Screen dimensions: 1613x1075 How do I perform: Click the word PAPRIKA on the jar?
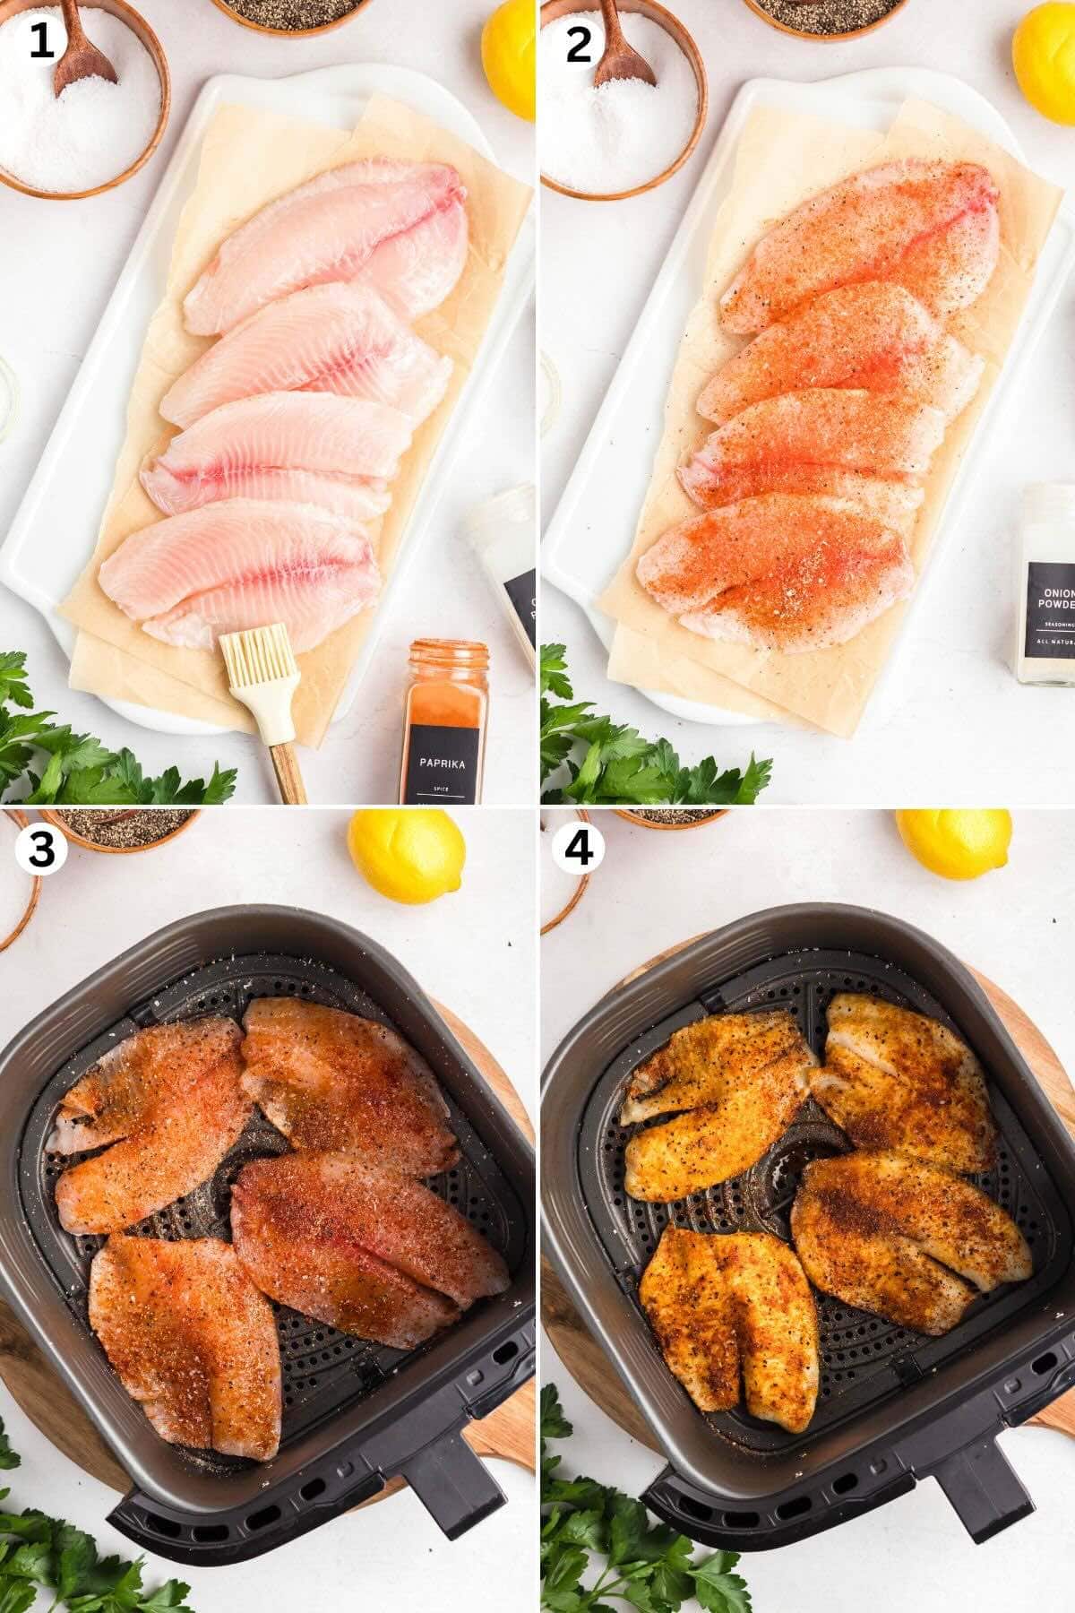coord(444,764)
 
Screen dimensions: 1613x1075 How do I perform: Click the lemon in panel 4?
coord(953,842)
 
